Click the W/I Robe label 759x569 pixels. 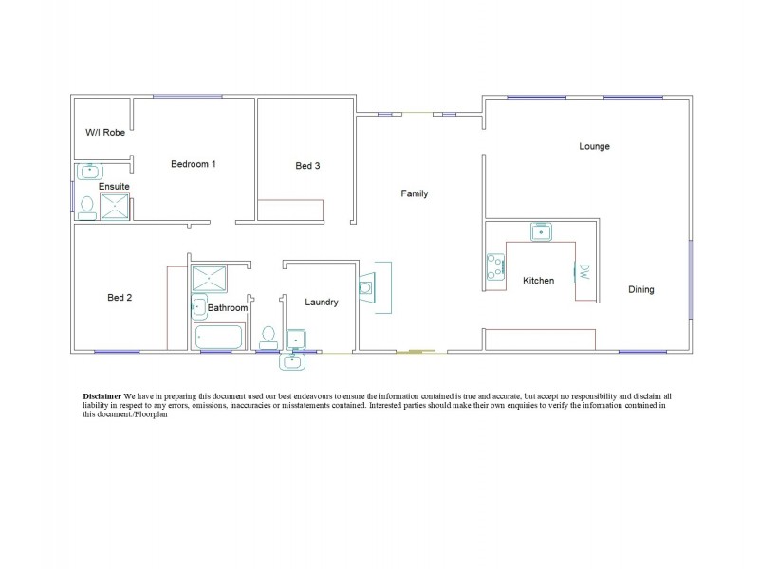pos(105,133)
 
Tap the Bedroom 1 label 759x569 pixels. pos(193,164)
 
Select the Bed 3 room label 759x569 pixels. pos(307,166)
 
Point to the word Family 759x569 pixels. pos(415,193)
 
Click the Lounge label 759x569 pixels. pos(594,147)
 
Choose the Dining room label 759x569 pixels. pos(640,289)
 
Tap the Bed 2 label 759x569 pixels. pos(120,298)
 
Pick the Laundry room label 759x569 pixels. pos(322,303)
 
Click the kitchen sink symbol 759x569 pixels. pos(542,231)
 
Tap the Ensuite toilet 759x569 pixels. pos(87,205)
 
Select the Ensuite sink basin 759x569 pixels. pos(89,172)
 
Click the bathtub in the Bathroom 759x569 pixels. pos(219,337)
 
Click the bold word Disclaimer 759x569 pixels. pos(101,394)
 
